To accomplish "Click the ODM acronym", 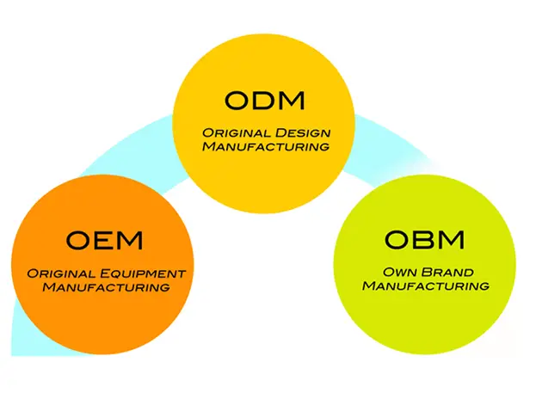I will coord(265,100).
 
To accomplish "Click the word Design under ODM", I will coord(303,133).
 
